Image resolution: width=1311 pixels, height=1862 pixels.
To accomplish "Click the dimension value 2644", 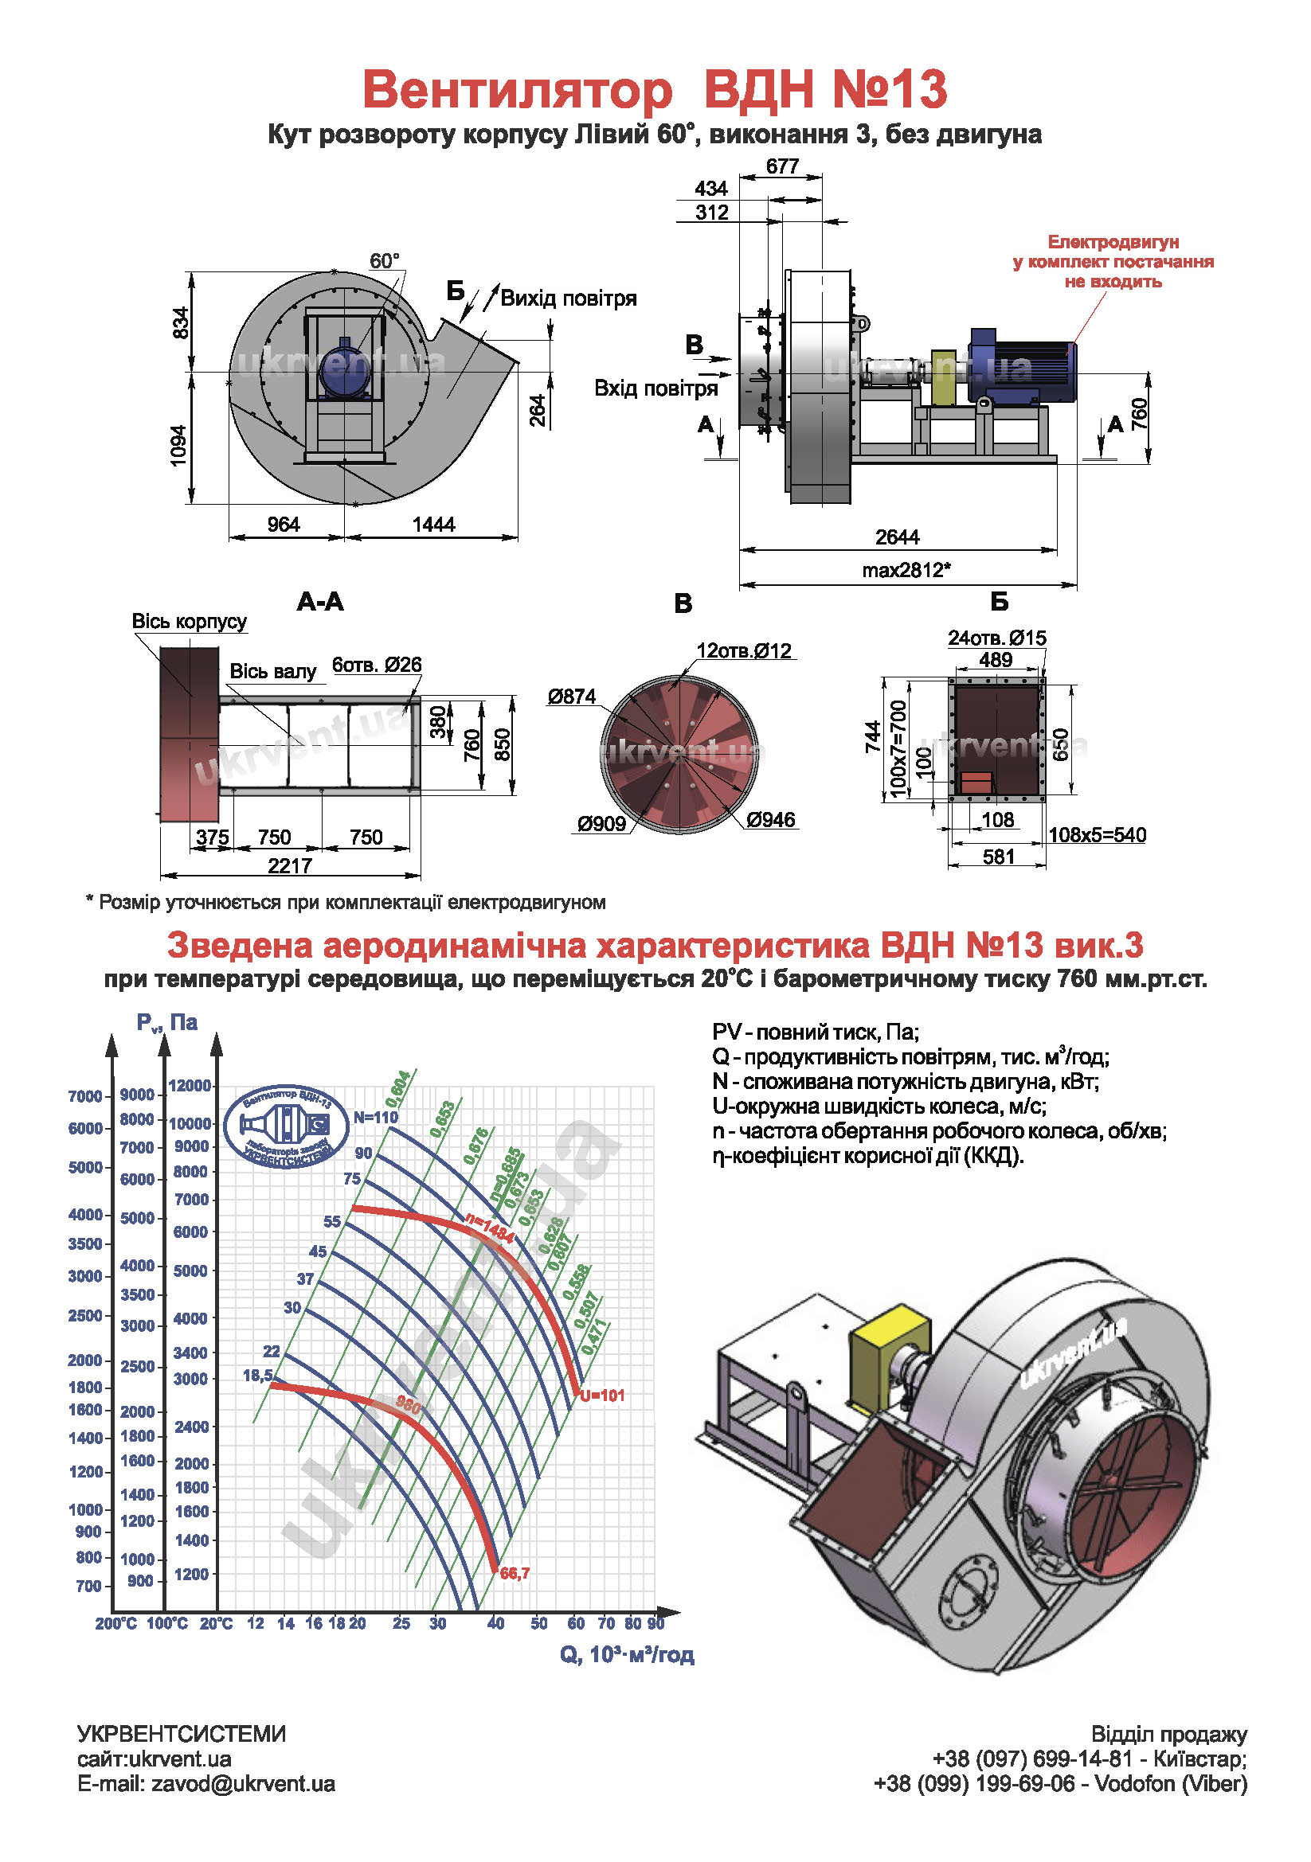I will point(897,537).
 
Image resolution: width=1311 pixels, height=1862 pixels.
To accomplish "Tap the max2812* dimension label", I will point(906,570).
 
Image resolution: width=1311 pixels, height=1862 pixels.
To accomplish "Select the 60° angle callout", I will point(385,261).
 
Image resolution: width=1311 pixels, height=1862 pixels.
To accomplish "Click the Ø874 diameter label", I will point(571,696).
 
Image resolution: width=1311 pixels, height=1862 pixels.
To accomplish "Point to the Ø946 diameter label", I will point(771,820).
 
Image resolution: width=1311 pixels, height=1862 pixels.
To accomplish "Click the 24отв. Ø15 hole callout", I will point(996,638).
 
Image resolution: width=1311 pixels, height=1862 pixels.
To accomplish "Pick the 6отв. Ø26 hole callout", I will point(377,665).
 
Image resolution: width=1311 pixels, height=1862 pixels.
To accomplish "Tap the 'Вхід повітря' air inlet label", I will point(655,388).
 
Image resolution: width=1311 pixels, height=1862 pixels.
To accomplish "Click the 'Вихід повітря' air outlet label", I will point(568,299).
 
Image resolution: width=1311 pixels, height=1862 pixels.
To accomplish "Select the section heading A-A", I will point(320,602).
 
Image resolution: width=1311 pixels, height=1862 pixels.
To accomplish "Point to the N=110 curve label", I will point(376,1118).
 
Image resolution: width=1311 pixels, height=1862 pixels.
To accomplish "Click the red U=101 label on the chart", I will point(602,1396).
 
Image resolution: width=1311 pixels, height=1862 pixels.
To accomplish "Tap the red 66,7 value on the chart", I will point(515,1574).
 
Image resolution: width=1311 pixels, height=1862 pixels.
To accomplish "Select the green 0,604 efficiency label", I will point(398,1088).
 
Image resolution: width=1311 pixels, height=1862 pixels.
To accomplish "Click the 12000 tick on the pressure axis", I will point(190,1086).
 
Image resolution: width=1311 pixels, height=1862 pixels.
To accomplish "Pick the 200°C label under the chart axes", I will point(116,1623).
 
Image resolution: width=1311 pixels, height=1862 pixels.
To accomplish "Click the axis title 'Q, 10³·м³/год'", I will point(626,1654).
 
